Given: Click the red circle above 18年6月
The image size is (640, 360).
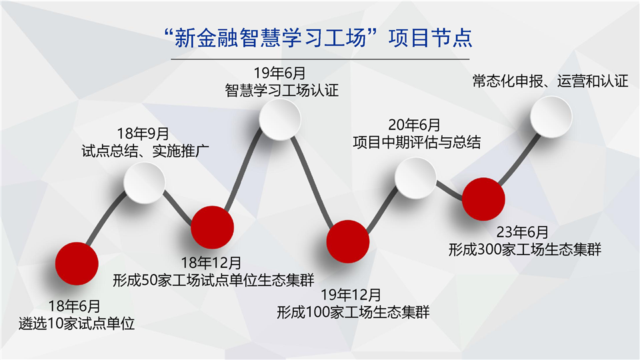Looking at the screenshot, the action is click(x=77, y=264).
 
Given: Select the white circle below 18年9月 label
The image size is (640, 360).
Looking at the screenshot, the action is click(x=144, y=183).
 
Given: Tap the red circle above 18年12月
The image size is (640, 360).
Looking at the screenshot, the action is click(x=212, y=227).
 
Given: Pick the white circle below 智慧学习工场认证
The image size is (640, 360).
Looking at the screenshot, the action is click(x=280, y=119).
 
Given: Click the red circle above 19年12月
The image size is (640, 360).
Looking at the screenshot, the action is click(x=348, y=241).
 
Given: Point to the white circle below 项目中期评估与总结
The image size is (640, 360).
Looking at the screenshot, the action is click(x=415, y=179).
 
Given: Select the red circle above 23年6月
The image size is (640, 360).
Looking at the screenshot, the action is click(x=484, y=199).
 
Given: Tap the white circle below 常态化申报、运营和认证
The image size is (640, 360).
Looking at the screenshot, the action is click(x=551, y=117).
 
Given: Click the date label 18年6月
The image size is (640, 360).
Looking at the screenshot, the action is click(x=74, y=306).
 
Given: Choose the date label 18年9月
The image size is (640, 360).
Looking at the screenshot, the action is click(x=143, y=133).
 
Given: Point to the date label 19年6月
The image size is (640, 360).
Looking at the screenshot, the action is click(x=279, y=73).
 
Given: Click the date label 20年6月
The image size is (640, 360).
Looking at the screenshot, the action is click(x=414, y=125).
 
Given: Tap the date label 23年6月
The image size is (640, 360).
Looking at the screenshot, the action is click(x=523, y=232).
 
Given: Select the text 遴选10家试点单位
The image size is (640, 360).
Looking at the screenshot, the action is click(x=76, y=324).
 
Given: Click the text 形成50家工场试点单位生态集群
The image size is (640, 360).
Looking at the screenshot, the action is click(x=213, y=281).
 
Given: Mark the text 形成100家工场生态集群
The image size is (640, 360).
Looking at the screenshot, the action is click(x=353, y=312).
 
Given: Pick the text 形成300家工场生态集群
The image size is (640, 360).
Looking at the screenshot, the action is click(x=525, y=249).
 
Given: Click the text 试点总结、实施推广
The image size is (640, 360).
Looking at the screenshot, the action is click(x=145, y=151).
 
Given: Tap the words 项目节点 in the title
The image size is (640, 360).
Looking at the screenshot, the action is click(x=430, y=38).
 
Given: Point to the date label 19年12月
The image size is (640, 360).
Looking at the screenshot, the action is click(x=351, y=295).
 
